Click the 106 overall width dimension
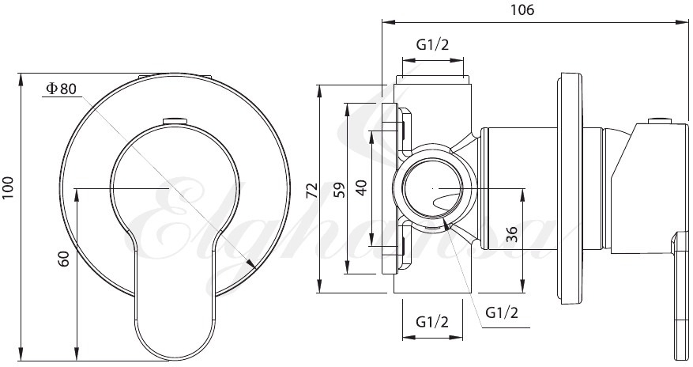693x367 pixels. click(x=522, y=9)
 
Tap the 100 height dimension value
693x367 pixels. click(x=9, y=188)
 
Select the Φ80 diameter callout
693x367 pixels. click(x=62, y=89)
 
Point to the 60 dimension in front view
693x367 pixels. click(x=64, y=259)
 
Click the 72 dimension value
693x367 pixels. click(x=312, y=190)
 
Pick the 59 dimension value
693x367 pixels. click(x=340, y=190)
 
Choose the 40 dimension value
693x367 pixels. click(x=362, y=187)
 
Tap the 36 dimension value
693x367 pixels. click(x=511, y=234)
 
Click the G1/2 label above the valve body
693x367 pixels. click(x=432, y=44)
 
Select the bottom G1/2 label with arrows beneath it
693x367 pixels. click(x=432, y=321)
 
